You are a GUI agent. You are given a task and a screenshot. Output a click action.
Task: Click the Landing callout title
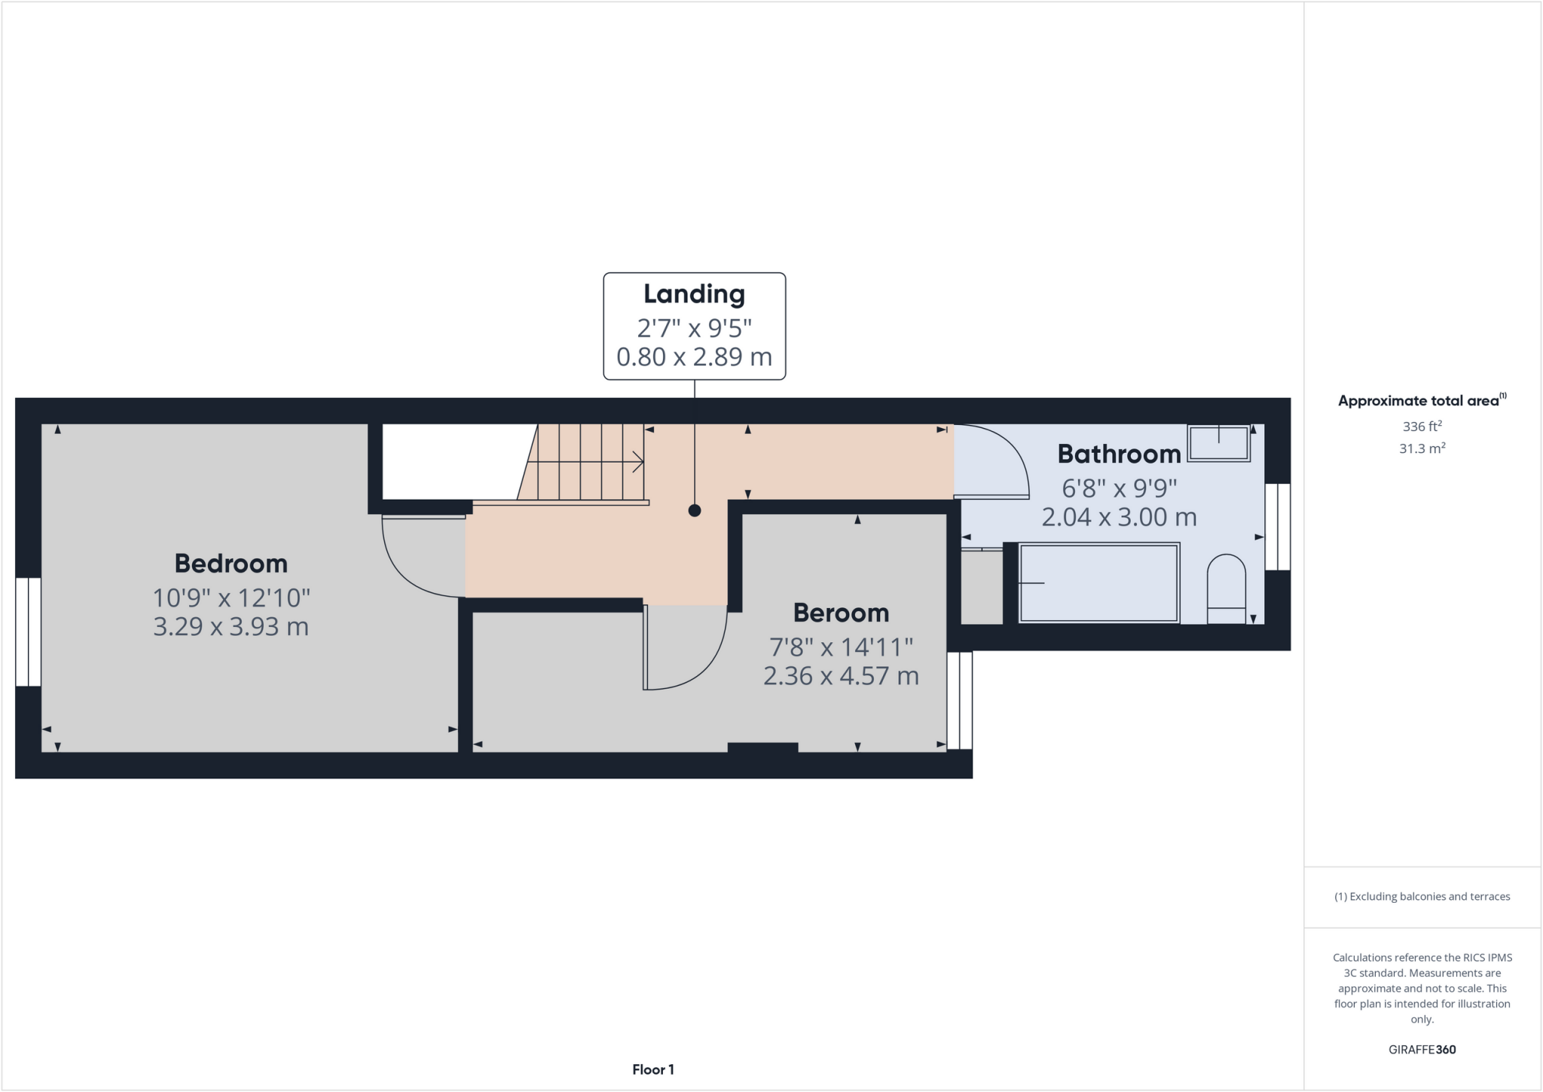[694, 294]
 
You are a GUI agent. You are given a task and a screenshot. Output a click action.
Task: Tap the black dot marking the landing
[695, 510]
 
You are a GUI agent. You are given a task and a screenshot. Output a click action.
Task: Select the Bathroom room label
[1119, 454]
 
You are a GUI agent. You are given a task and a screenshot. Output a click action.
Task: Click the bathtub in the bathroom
[1098, 583]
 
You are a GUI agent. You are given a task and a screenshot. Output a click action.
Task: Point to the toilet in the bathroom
[1226, 589]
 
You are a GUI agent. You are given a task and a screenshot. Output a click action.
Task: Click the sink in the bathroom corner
[1218, 442]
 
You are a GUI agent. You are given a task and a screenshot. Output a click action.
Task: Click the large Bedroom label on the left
[231, 563]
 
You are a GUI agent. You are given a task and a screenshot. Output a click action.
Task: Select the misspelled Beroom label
[841, 613]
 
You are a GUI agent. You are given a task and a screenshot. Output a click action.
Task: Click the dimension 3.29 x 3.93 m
[231, 627]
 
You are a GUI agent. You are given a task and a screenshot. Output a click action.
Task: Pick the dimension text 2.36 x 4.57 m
[841, 676]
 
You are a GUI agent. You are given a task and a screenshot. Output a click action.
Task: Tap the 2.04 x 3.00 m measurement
[1119, 517]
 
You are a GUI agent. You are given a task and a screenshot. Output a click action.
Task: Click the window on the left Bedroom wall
[29, 632]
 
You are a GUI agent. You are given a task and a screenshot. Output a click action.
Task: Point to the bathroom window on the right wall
[1277, 526]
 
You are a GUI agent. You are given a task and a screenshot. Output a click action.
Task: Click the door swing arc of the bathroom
[1002, 460]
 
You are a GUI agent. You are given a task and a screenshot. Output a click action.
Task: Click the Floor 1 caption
[653, 1069]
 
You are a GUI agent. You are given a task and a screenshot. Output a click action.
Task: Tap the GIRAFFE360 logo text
[1422, 1049]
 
